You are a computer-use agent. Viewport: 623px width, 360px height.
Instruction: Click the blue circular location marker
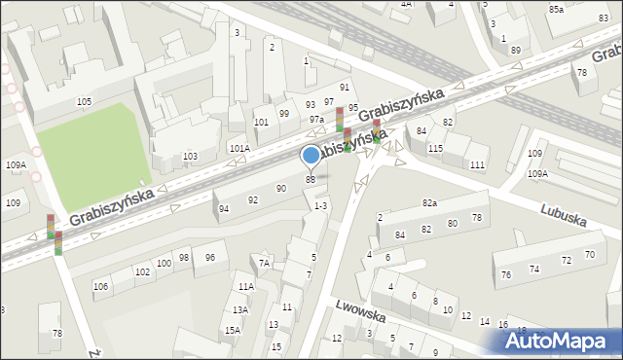(x=311, y=155)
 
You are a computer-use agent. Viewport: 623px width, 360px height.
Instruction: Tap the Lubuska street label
(x=566, y=215)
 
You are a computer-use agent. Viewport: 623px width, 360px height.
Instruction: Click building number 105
(x=85, y=102)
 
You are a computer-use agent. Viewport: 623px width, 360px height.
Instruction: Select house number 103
(x=190, y=157)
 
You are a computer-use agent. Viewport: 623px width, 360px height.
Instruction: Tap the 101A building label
(x=239, y=148)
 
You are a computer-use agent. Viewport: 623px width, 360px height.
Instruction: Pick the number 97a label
(x=317, y=119)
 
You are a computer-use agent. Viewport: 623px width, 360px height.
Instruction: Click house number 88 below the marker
(x=311, y=179)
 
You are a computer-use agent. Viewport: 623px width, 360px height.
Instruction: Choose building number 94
(x=224, y=209)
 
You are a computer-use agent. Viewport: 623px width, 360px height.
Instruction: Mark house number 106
(x=100, y=286)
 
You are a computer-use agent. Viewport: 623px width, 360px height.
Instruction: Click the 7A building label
(x=264, y=263)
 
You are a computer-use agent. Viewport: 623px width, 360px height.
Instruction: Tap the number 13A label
(x=239, y=309)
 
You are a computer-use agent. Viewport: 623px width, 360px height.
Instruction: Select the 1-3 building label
(x=320, y=205)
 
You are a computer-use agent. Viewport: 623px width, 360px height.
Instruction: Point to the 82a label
(x=429, y=202)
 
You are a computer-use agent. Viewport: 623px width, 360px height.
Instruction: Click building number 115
(x=435, y=148)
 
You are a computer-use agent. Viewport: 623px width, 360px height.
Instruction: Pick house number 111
(x=477, y=165)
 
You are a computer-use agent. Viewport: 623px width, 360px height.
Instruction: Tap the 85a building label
(x=556, y=9)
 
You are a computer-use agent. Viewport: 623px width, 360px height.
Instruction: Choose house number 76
(x=505, y=274)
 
